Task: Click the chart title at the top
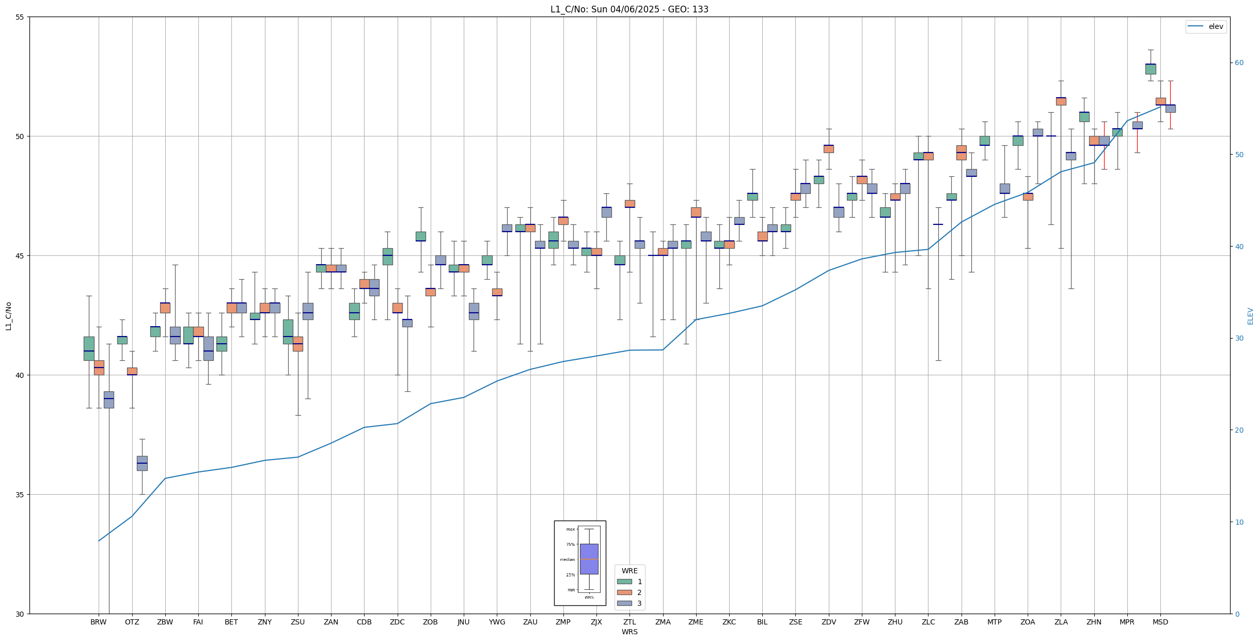pos(629,9)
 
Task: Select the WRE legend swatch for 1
pos(624,582)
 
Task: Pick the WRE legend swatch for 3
pos(624,603)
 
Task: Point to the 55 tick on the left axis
pos(20,17)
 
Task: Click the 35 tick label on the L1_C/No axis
pos(20,495)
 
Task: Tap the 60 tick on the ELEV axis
pos(1239,63)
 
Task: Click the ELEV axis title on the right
pos(1250,316)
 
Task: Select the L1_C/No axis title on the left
pos(8,316)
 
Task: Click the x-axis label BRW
pos(99,622)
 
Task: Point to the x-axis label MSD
pos(1160,622)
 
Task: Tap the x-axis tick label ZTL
pos(629,622)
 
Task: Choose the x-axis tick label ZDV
pos(829,622)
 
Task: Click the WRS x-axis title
pos(629,632)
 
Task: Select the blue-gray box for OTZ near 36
pos(142,463)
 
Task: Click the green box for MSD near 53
pos(1151,69)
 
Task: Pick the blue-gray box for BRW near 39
pos(109,400)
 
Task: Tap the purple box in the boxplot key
pos(589,559)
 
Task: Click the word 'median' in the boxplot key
pos(567,559)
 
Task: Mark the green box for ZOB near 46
pos(421,236)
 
